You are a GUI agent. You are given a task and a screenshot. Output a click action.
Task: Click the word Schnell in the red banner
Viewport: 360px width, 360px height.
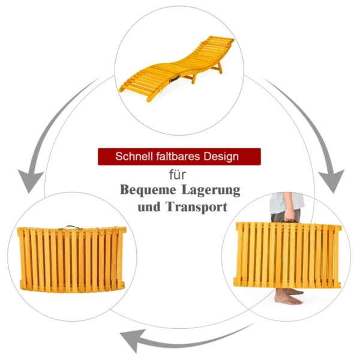(134, 157)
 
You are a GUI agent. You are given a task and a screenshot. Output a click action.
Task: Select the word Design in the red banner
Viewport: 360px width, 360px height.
(221, 157)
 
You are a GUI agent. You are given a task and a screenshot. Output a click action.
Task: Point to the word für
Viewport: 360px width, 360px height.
(178, 175)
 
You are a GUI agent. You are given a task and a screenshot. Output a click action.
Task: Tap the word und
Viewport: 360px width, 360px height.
(149, 207)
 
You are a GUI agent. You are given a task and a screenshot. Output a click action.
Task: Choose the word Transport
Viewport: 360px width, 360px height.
(197, 207)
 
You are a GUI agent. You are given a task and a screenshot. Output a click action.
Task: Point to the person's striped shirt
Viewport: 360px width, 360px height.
(287, 203)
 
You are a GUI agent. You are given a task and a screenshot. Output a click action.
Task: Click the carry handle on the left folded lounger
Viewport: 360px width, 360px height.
(70, 227)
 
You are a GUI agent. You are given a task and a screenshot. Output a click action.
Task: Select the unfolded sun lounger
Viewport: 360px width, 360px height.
(177, 68)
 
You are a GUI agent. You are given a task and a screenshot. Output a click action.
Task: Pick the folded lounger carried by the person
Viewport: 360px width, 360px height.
(287, 255)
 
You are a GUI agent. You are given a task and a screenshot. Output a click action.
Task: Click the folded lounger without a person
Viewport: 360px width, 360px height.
(71, 259)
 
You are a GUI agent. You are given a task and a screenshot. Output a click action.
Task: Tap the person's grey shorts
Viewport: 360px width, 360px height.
(285, 216)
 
